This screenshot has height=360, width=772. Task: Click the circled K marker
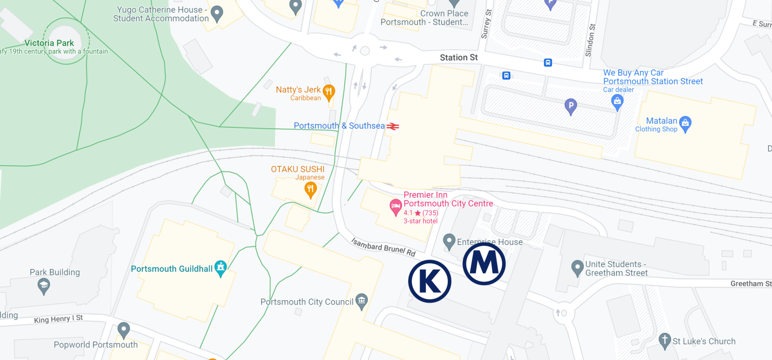(430, 282)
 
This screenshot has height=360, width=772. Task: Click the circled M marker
(484, 263)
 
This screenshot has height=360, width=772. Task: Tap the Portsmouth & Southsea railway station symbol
(393, 126)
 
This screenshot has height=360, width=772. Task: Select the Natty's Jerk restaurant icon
(329, 91)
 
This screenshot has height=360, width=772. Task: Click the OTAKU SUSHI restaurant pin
(311, 189)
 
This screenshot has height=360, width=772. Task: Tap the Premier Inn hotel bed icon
(396, 206)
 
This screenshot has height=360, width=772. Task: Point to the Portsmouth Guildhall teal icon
(220, 268)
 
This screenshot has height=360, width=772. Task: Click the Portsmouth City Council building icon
(361, 301)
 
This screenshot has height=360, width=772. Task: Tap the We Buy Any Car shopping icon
(618, 102)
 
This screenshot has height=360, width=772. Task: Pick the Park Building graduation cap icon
(44, 286)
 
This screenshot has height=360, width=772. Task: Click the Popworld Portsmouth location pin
(124, 330)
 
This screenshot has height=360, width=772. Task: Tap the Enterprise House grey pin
(449, 241)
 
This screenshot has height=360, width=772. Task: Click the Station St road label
(458, 58)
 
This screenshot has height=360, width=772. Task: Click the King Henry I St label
(58, 319)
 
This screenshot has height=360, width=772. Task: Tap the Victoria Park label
(49, 43)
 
